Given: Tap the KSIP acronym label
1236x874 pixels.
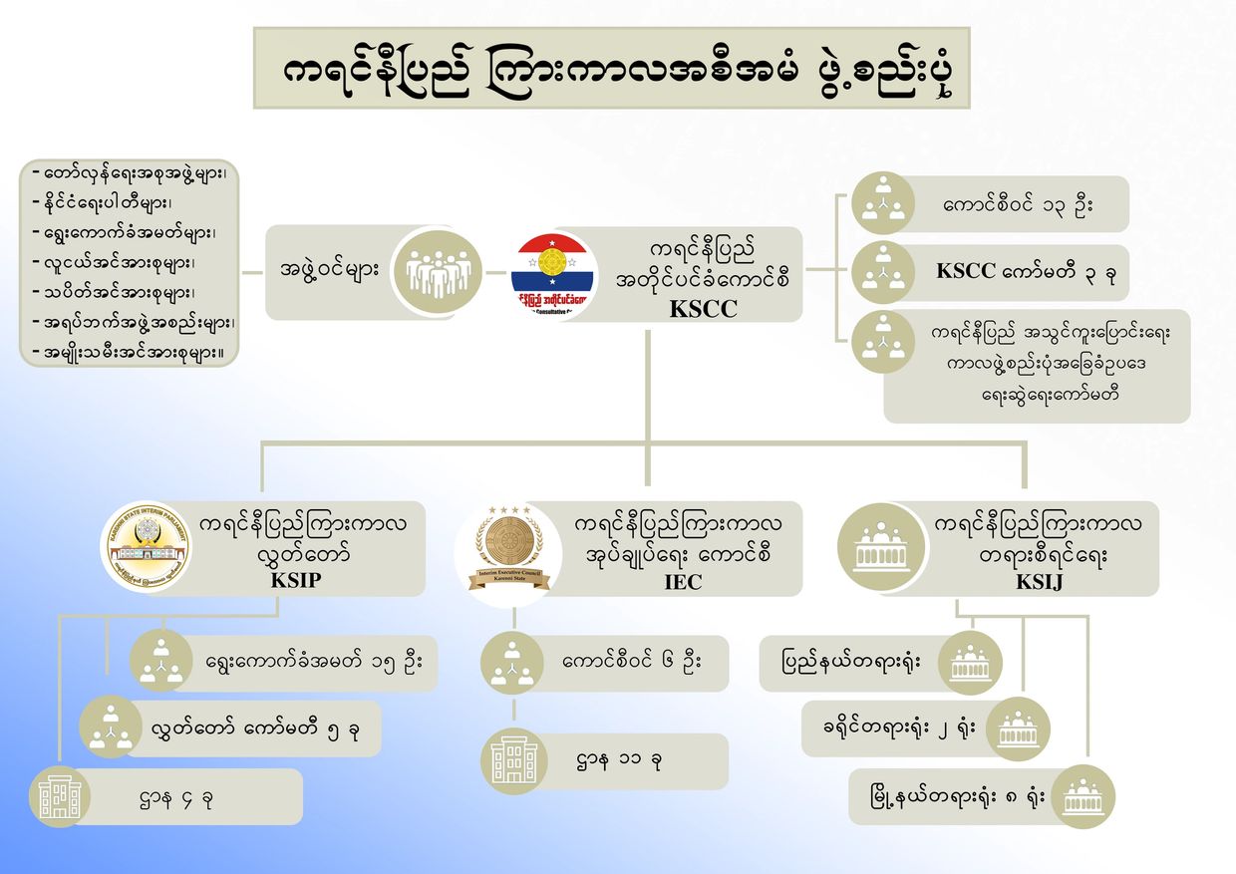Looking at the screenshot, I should click(296, 581).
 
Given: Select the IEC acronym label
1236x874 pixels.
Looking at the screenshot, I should click(683, 582).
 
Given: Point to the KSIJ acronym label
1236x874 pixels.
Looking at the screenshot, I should click(1039, 582).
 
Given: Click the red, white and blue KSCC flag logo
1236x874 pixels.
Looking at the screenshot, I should click(553, 274).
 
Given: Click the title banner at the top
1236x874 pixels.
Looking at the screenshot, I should click(611, 68).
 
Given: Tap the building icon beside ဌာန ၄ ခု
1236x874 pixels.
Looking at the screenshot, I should click(60, 797).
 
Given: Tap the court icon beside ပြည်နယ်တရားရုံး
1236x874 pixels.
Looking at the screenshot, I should click(970, 662).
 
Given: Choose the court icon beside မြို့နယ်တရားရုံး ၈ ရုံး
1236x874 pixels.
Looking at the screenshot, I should click(1082, 796).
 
